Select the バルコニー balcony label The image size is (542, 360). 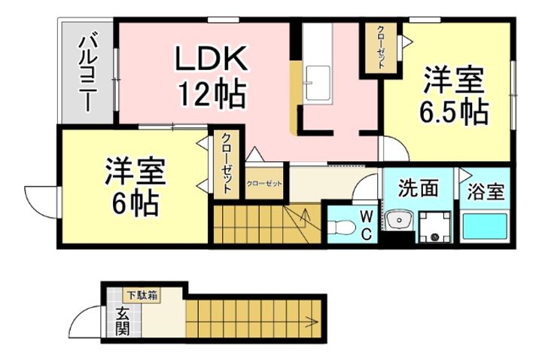(87, 72)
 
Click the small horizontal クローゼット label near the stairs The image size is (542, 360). (263, 183)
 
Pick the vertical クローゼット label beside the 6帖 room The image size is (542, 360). (226, 165)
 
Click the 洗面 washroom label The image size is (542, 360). (418, 188)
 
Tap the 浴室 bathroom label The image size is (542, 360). (486, 191)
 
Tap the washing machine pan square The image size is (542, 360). (436, 227)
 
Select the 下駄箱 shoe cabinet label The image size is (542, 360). (141, 294)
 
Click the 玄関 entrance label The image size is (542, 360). (121, 321)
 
